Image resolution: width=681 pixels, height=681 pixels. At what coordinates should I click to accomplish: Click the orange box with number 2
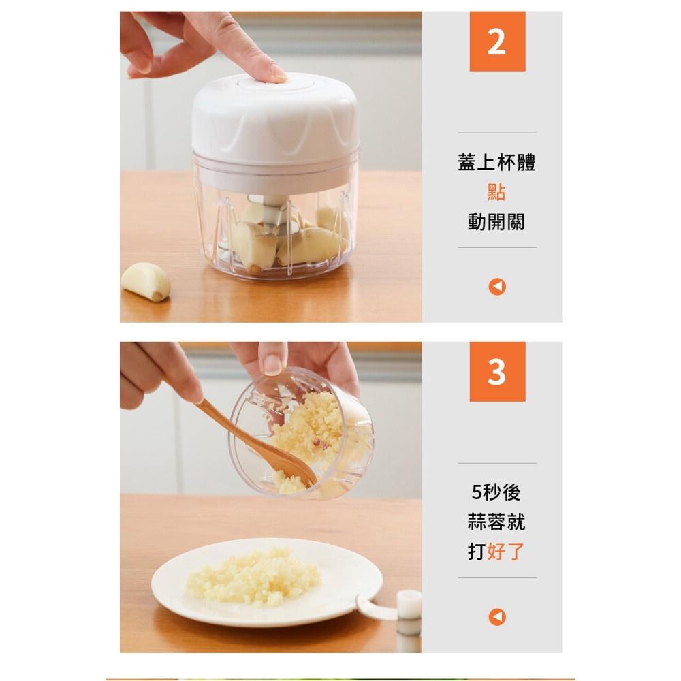(x=497, y=42)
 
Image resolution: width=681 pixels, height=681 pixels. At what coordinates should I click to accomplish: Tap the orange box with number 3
(x=497, y=371)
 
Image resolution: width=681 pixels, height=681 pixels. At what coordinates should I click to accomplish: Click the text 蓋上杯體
(x=497, y=162)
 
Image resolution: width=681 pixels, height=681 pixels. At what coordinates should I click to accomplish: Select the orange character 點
(x=497, y=191)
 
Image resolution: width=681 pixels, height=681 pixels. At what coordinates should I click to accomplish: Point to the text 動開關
(x=497, y=221)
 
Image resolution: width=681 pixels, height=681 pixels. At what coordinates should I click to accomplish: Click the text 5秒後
(x=497, y=492)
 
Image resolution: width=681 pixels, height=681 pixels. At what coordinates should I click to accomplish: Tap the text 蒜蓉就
(x=497, y=522)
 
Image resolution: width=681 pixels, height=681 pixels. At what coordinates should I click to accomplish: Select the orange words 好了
(x=507, y=551)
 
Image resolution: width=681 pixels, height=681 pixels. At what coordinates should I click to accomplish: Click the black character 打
(x=477, y=551)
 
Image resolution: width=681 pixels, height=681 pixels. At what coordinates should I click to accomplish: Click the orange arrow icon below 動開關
(x=497, y=287)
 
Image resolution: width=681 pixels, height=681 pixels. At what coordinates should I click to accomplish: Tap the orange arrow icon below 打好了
(x=497, y=617)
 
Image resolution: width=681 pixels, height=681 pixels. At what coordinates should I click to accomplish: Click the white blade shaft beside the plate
(x=409, y=621)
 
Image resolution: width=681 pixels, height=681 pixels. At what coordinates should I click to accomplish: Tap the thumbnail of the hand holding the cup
(x=273, y=365)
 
